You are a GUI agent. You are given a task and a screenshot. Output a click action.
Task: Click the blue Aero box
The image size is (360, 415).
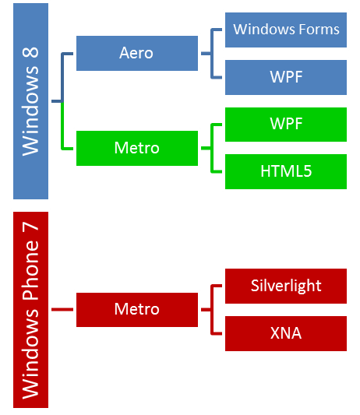(137, 53)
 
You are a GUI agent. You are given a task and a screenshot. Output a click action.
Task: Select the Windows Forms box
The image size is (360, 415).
(286, 30)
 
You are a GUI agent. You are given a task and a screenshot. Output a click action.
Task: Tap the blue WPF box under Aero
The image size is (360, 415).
(286, 77)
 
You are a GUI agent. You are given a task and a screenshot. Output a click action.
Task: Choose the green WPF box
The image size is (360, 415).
(286, 125)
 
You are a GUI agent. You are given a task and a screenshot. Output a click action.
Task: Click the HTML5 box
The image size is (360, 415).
(286, 171)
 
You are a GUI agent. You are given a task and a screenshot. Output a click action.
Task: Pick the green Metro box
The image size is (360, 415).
(137, 148)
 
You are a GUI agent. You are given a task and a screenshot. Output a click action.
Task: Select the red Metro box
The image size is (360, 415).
(137, 310)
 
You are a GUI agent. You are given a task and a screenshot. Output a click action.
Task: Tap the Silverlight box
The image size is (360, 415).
(286, 286)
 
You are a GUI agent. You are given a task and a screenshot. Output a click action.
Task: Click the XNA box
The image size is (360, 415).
(286, 333)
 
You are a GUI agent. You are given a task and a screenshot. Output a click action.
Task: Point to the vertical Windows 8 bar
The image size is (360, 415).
(30, 101)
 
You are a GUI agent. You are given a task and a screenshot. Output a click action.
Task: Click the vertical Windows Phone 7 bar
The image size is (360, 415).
(30, 310)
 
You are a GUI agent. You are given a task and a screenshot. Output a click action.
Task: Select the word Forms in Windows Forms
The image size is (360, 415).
(319, 29)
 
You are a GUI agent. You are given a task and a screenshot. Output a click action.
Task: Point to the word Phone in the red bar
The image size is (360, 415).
(31, 270)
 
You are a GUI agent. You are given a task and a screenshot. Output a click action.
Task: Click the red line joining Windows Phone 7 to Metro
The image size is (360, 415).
(62, 309)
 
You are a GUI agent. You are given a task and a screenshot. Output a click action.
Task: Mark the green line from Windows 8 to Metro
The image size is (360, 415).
(62, 125)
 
